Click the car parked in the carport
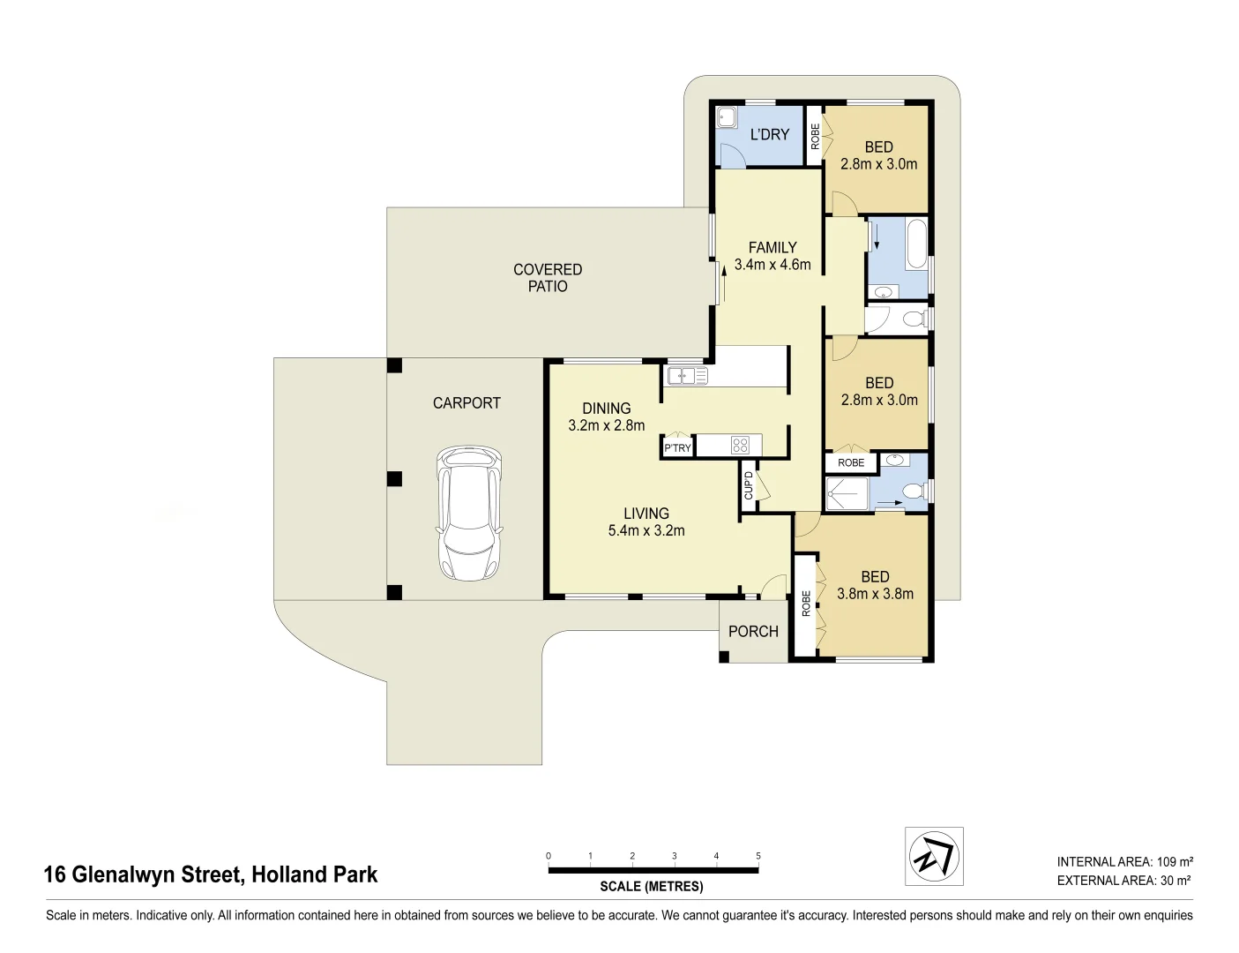[468, 513]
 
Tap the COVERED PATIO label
[548, 278]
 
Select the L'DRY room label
[769, 134]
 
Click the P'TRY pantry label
[677, 448]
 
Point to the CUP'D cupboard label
[749, 485]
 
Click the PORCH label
[753, 632]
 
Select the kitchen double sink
[688, 377]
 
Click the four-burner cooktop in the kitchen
[740, 446]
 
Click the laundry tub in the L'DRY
[728, 117]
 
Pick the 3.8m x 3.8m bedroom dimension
[875, 594]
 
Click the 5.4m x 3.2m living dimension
[646, 530]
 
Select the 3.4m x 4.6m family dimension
[773, 265]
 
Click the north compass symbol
[934, 856]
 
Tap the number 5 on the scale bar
[758, 856]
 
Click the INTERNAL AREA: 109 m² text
[1124, 862]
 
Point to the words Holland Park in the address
[315, 874]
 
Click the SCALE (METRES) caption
[652, 887]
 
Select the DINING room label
[607, 409]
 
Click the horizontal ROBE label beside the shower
[851, 462]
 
